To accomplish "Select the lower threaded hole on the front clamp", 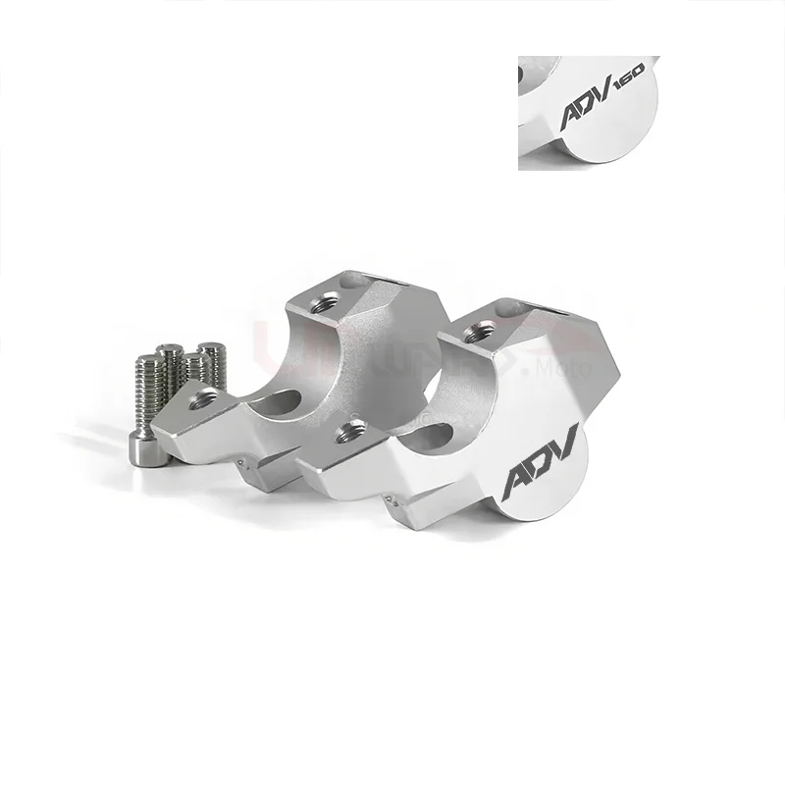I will pos(350,429).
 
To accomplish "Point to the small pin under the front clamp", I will pos(392,499).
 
